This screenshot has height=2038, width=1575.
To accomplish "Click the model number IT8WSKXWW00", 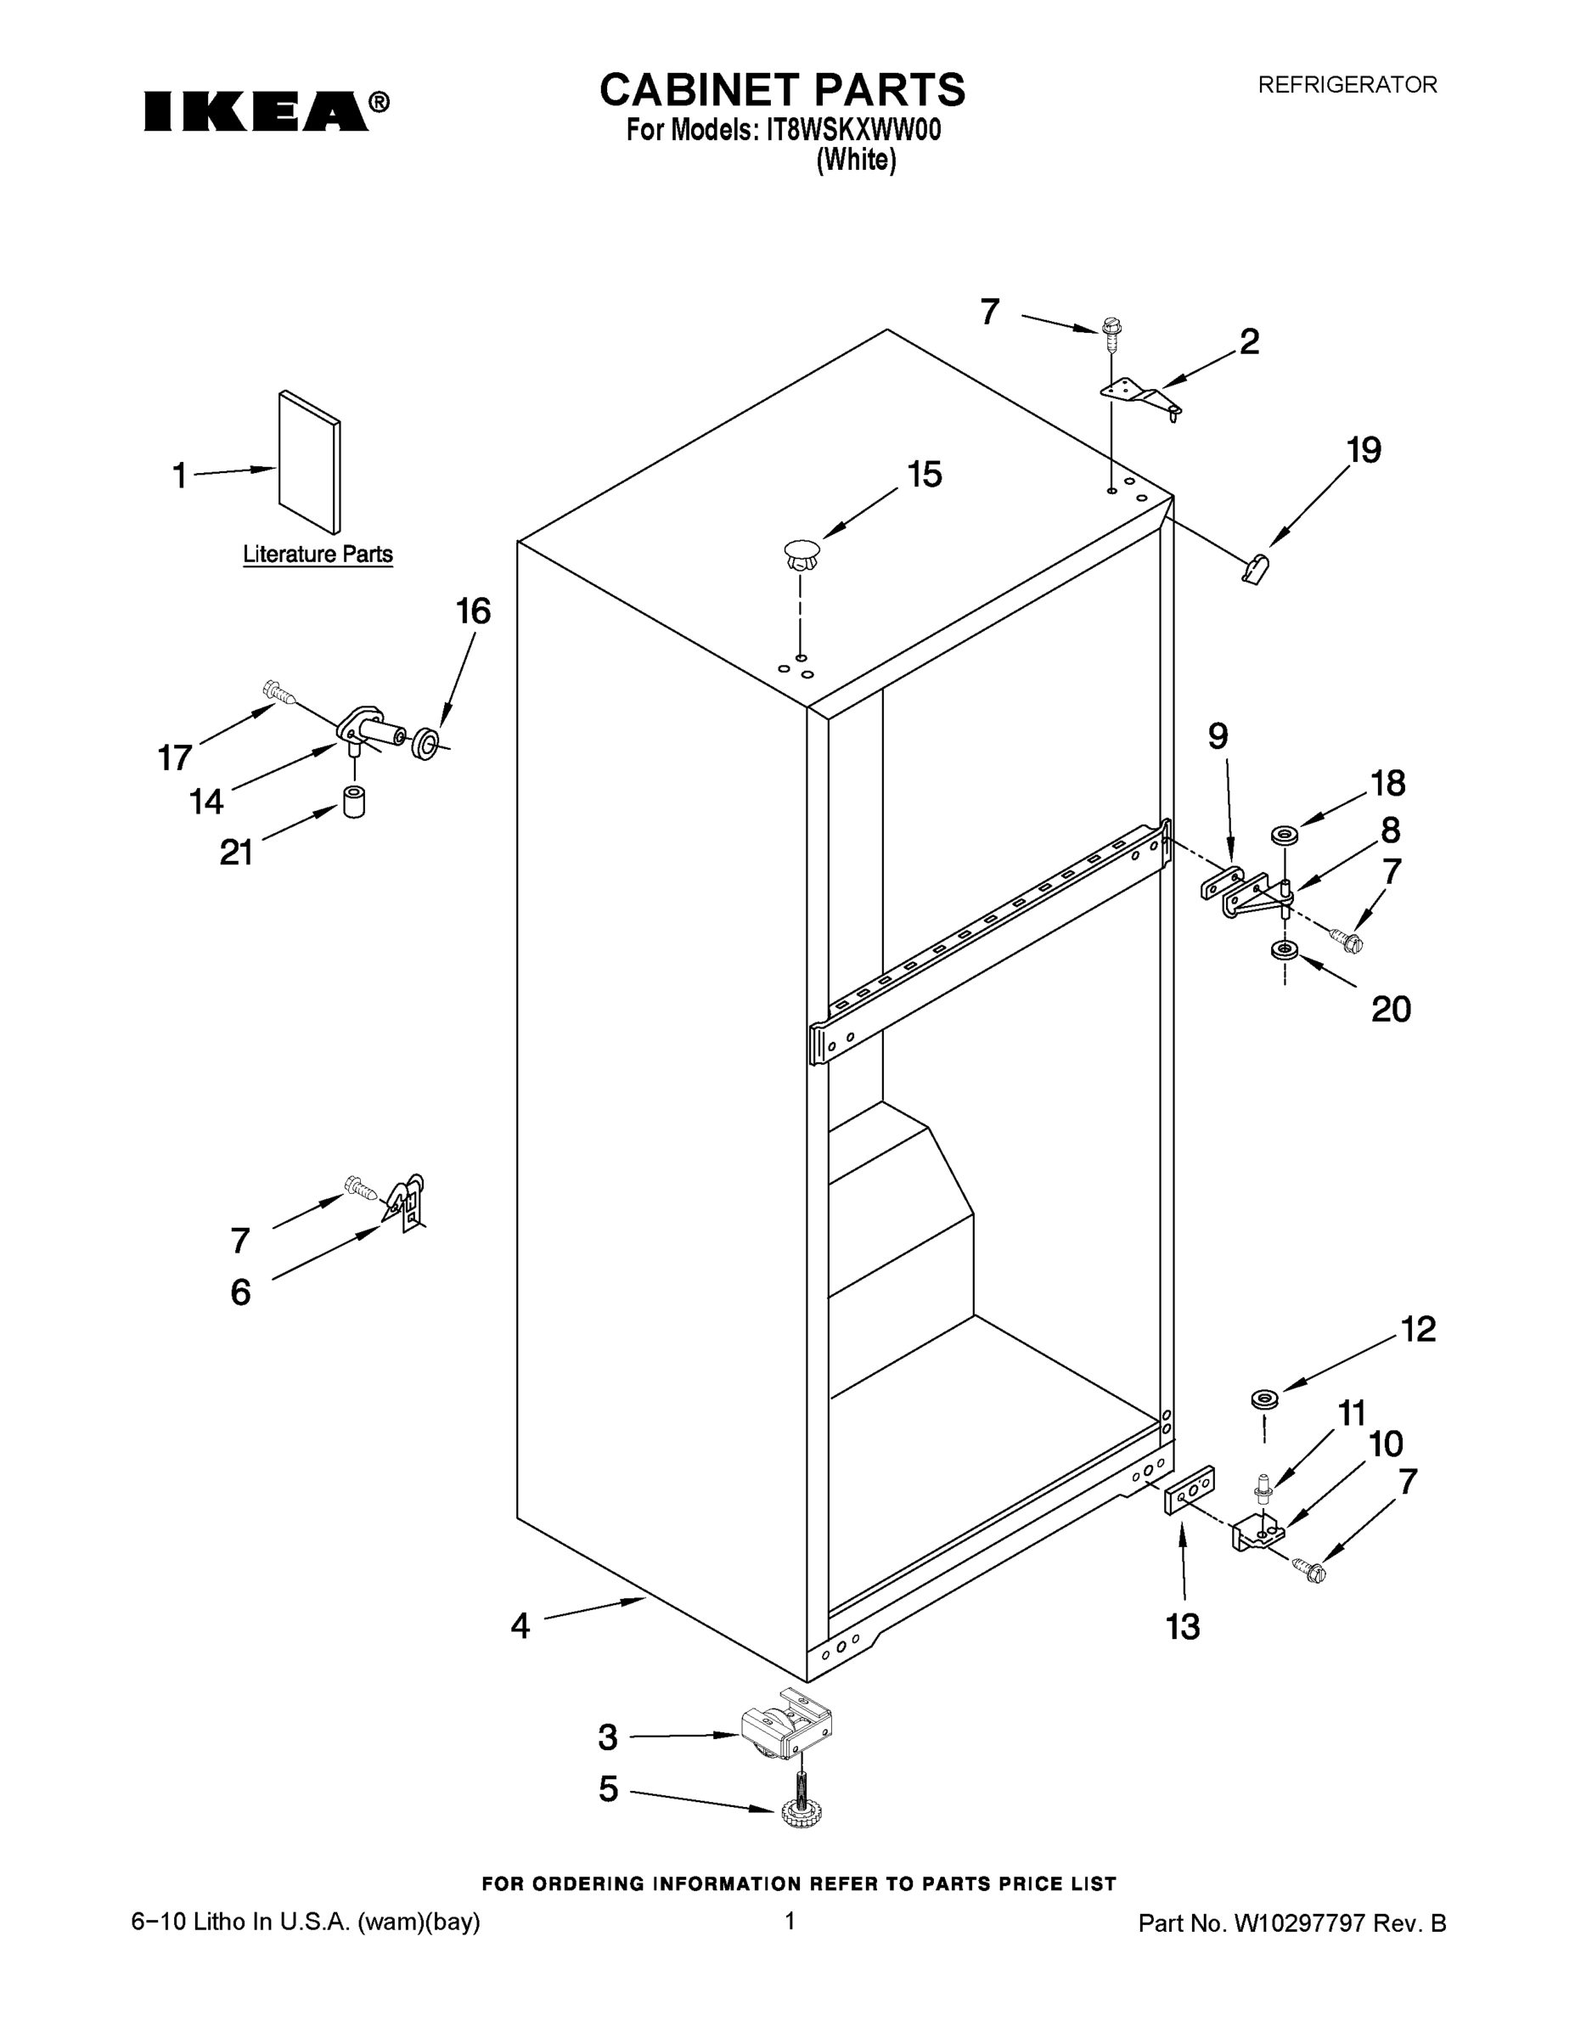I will [x=852, y=130].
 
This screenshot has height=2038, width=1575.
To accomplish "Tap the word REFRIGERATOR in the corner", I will [x=1347, y=85].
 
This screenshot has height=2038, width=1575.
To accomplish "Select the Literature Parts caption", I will [x=318, y=555].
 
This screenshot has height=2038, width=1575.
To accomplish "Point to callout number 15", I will [x=924, y=475].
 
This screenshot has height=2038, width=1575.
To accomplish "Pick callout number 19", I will [x=1364, y=451].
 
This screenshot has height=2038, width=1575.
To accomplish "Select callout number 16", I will [x=473, y=611].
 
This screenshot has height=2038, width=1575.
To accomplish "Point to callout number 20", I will [x=1390, y=1009].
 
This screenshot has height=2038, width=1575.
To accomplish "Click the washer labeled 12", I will [x=1265, y=1399].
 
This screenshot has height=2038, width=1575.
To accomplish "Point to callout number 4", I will [x=520, y=1626].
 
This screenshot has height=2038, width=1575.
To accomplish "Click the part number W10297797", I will [x=1299, y=1923].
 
